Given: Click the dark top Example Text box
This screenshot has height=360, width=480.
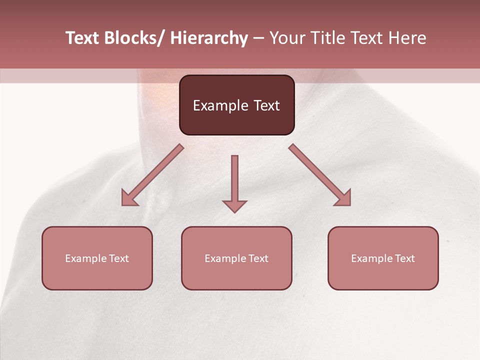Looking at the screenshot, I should pos(236,105).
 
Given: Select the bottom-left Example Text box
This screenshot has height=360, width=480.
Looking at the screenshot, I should pos(97,258).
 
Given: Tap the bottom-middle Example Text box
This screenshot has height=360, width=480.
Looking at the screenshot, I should pos(236,258).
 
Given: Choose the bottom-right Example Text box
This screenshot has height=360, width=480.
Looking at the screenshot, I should pos(383,258).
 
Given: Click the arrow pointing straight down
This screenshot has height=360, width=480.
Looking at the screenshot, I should pos(234,183).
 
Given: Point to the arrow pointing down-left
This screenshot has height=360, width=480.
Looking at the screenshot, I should pos(152,175).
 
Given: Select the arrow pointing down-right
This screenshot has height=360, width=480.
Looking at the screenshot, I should pos(320,175).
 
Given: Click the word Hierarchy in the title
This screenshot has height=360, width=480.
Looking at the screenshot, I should pos(209,38).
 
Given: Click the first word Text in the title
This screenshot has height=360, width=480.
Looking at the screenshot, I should pos(83,38).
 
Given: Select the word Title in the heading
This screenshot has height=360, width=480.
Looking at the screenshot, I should pos(329,38).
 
